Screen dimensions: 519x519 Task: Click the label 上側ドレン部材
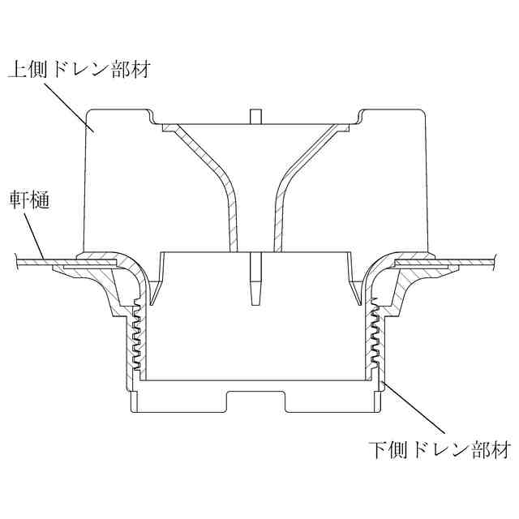point(80,69)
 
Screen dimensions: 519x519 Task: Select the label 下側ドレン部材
point(439,448)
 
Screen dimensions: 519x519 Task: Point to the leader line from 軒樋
point(32,236)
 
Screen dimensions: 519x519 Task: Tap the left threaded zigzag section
point(137,341)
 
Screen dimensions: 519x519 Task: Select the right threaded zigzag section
point(375,341)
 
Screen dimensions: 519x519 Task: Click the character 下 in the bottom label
point(376,448)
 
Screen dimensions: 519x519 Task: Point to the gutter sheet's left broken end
point(18,260)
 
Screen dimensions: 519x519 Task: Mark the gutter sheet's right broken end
point(494,260)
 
